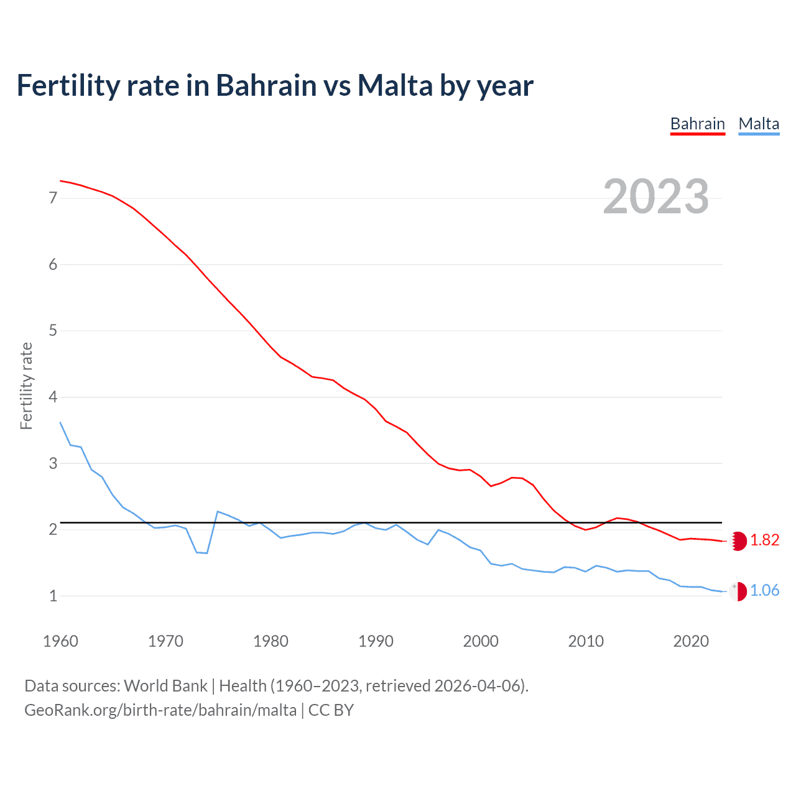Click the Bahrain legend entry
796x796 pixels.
(x=697, y=124)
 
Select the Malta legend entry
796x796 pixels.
(x=759, y=124)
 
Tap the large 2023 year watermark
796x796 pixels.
(x=655, y=197)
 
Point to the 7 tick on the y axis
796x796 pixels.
(x=53, y=198)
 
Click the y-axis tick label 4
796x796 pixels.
(x=53, y=397)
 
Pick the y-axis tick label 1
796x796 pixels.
(x=53, y=596)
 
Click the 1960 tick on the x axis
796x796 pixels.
(x=60, y=641)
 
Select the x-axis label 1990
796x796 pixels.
(x=376, y=641)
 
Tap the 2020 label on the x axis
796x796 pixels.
(x=691, y=641)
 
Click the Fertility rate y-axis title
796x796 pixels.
(x=26, y=386)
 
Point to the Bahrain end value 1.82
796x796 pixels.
(x=764, y=540)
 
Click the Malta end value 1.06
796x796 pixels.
(x=764, y=591)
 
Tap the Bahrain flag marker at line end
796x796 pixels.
(x=738, y=541)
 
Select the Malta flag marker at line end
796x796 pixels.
(x=738, y=591)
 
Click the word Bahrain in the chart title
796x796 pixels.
(x=266, y=85)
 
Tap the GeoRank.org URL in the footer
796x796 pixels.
(x=160, y=710)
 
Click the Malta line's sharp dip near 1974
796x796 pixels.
(x=206, y=553)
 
